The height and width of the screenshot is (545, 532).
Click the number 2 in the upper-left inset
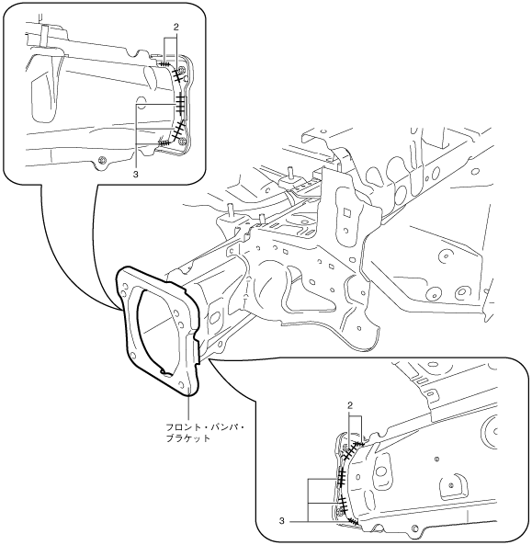[x=175, y=28]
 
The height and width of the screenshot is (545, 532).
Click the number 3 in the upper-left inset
[x=135, y=174]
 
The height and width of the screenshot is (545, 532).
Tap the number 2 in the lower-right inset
[x=350, y=405]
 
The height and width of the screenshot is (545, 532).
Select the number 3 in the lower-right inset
[x=281, y=521]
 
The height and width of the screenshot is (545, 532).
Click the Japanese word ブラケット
[x=188, y=438]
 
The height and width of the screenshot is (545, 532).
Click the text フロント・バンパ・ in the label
[x=205, y=427]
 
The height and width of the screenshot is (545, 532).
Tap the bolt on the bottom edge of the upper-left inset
[x=102, y=160]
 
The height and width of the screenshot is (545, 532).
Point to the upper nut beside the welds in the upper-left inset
[x=180, y=69]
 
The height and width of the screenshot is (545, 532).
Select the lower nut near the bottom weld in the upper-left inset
[x=181, y=141]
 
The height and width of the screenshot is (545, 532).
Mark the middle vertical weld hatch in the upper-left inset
[x=180, y=104]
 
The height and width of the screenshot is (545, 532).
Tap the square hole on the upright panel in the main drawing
[x=346, y=211]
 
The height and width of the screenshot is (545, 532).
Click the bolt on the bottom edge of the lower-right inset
[x=413, y=528]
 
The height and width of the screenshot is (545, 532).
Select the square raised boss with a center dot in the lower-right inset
[x=451, y=485]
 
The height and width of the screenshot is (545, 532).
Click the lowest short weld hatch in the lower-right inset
[x=354, y=521]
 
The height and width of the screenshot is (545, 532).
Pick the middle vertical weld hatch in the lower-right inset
[x=341, y=476]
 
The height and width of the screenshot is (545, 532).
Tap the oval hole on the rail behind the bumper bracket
[x=215, y=318]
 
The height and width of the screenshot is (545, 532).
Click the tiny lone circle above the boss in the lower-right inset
[x=436, y=460]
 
